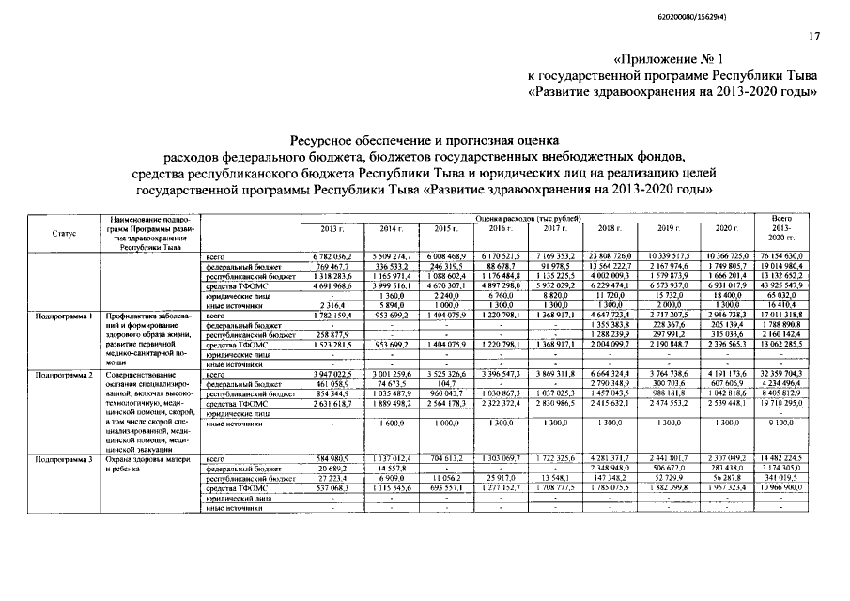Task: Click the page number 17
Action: click(x=813, y=37)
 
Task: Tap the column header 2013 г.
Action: click(x=332, y=229)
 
